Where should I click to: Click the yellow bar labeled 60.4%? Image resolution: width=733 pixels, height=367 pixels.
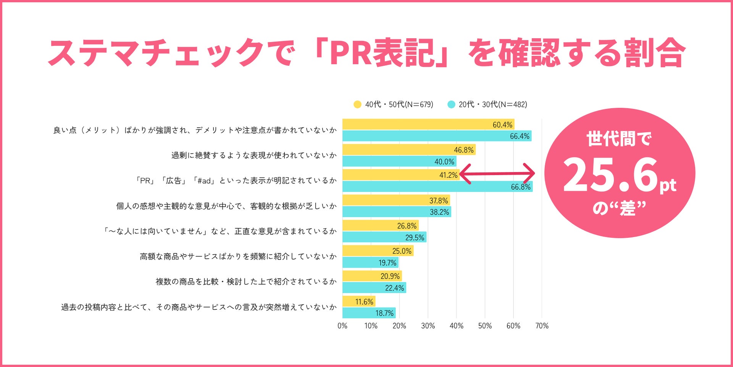(x=428, y=125)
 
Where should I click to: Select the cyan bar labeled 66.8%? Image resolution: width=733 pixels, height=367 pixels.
(x=437, y=187)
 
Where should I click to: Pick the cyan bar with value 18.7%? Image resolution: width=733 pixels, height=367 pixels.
(x=369, y=313)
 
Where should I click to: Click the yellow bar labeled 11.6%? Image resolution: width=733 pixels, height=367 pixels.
(x=358, y=302)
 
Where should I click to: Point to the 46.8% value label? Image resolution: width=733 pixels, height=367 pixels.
(x=463, y=150)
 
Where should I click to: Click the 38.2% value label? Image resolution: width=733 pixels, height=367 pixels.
(x=439, y=212)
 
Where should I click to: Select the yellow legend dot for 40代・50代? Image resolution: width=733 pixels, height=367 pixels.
(x=357, y=104)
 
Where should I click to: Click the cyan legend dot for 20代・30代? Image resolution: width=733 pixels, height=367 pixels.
(x=451, y=104)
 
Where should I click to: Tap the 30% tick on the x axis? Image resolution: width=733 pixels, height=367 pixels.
(x=428, y=326)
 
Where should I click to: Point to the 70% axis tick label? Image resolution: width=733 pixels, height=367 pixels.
(x=542, y=326)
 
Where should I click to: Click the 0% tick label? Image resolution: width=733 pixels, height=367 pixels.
(x=342, y=326)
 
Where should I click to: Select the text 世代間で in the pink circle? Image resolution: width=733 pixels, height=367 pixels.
(x=619, y=139)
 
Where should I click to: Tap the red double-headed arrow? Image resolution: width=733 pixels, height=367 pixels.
(x=497, y=174)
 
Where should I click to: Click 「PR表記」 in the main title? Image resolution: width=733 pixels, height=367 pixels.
(x=382, y=53)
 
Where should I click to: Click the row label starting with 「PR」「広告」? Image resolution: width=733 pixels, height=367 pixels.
(x=236, y=180)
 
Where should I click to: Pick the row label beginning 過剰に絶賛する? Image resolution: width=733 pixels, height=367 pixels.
(x=254, y=155)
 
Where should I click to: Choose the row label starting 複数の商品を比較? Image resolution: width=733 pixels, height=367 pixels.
(x=246, y=282)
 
